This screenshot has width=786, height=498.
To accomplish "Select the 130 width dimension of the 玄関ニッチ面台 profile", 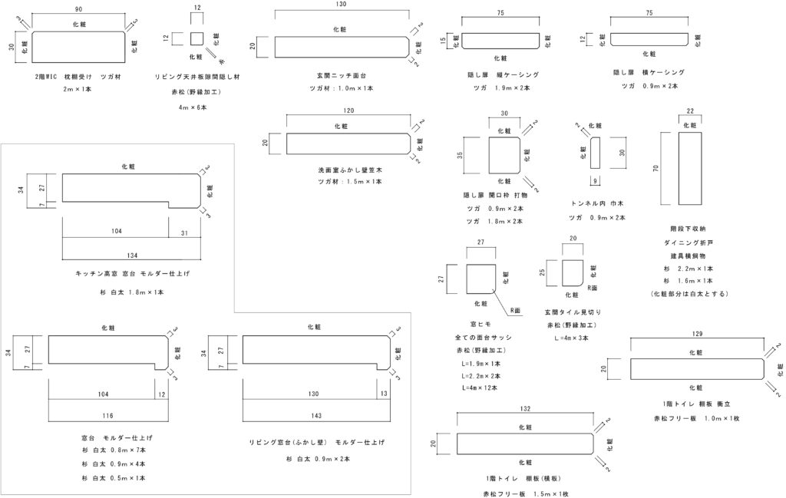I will (341, 5).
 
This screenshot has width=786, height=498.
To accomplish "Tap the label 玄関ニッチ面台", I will (342, 76).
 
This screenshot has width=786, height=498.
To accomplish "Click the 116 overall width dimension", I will (107, 415).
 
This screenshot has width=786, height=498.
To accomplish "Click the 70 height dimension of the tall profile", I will (656, 168).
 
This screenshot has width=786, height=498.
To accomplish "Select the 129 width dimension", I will (697, 335).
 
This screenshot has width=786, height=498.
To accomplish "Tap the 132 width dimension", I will (527, 408).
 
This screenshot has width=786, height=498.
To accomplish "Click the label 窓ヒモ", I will (484, 325).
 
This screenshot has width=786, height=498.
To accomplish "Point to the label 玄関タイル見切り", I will (572, 312).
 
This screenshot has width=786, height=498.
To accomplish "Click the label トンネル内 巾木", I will (598, 205).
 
